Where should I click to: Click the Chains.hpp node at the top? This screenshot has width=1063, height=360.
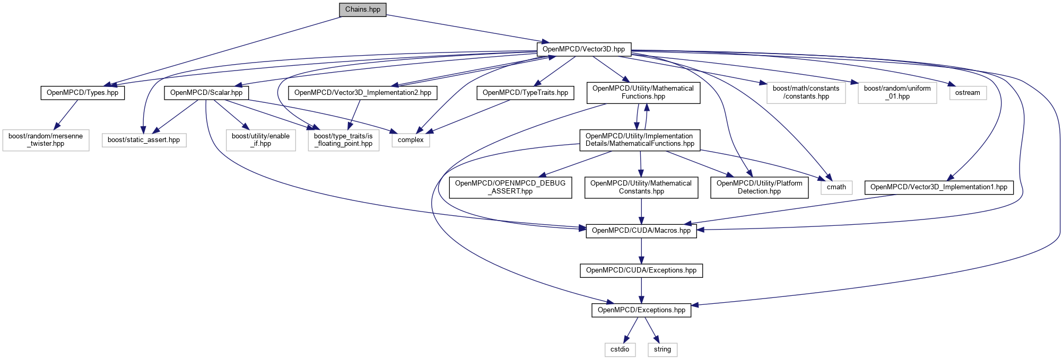(363, 10)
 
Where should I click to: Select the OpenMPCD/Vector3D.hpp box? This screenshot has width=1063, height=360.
(584, 49)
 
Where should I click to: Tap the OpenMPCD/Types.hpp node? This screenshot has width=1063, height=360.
(83, 93)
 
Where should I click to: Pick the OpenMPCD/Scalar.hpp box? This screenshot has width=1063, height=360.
(206, 93)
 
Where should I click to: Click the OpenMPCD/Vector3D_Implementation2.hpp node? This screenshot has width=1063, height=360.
(363, 93)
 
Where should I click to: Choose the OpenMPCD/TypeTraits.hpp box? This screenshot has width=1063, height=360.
(525, 93)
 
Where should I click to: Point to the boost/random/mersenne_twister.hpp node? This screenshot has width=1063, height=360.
(46, 140)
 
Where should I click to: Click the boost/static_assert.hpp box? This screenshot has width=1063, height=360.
(144, 140)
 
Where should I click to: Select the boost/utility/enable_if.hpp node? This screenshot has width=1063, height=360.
(261, 140)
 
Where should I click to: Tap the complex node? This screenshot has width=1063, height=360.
(411, 140)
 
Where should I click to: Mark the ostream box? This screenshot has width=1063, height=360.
(968, 93)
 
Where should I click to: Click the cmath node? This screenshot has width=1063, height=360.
(837, 187)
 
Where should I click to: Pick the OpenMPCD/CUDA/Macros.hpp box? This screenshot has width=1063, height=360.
(641, 231)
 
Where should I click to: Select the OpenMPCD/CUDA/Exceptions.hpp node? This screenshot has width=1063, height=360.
(641, 270)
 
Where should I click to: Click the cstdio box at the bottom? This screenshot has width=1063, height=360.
(620, 349)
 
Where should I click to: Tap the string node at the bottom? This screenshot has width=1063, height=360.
(663, 349)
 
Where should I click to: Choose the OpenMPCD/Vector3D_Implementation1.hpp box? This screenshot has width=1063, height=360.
(939, 187)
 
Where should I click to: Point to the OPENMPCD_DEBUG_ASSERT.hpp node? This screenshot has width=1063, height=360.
(510, 188)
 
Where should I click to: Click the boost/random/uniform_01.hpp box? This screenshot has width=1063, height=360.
(898, 93)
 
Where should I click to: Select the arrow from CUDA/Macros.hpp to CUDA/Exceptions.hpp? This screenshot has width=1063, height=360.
(641, 251)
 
